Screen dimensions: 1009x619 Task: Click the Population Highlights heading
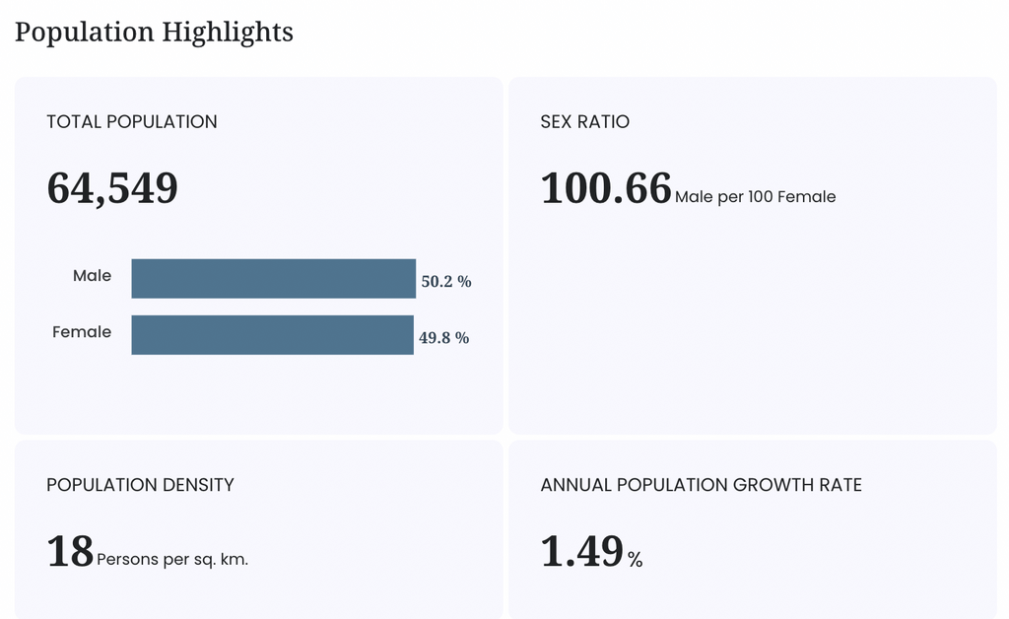point(154,33)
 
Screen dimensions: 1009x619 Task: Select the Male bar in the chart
point(274,279)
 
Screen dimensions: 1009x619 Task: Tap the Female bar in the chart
point(272,334)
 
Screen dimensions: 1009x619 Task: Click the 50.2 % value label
point(446,281)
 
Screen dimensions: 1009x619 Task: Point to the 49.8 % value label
point(444,338)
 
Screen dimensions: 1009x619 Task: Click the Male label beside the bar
point(92,275)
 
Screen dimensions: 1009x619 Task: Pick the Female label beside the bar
point(82,332)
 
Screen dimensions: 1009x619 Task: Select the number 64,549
point(112,188)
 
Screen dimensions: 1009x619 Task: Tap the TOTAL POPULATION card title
point(132,121)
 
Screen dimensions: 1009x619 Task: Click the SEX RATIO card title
point(585,121)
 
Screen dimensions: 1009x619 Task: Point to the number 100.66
point(606,188)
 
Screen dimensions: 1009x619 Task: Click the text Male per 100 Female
point(756,197)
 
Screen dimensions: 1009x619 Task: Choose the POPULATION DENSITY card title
point(140,485)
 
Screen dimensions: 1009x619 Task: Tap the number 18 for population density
point(70,551)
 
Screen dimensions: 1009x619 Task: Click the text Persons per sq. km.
point(172,560)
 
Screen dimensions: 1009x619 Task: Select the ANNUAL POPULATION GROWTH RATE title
point(702,485)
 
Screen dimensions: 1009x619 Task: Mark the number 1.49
point(582,551)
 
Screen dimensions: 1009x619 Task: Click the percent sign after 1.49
point(636,560)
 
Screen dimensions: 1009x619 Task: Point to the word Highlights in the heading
point(228,33)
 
